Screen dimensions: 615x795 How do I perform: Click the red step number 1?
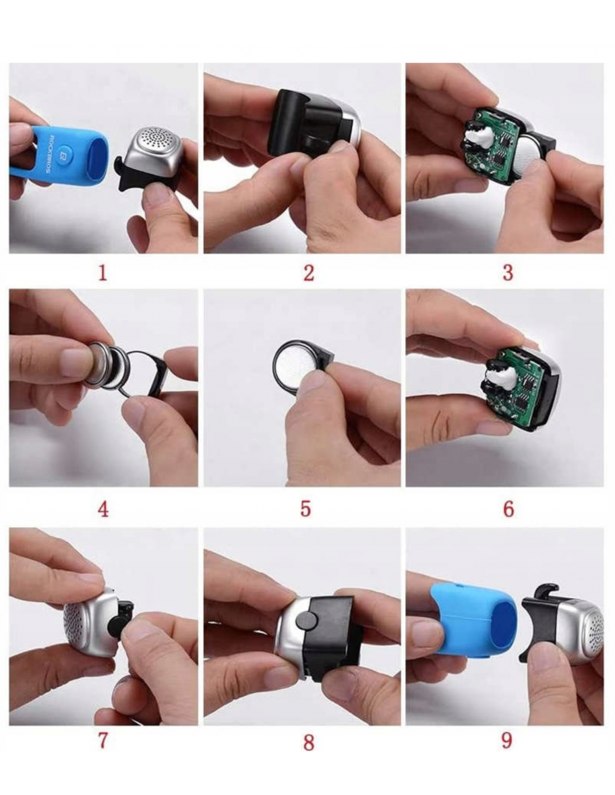point(103,272)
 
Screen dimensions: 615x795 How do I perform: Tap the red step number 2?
point(309,273)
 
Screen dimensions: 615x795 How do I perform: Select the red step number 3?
point(508,273)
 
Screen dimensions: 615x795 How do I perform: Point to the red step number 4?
point(103,509)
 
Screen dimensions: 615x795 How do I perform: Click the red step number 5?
point(305,509)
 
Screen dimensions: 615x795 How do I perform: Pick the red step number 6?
point(509,509)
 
